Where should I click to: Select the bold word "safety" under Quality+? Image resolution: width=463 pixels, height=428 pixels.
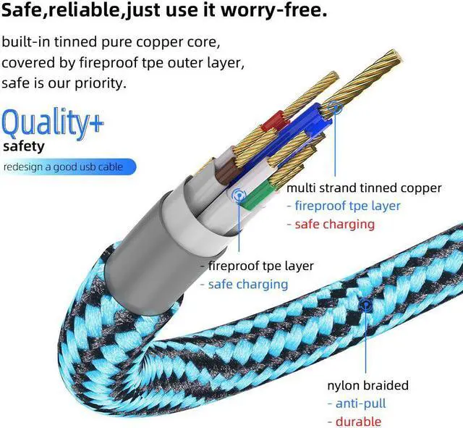[23, 146]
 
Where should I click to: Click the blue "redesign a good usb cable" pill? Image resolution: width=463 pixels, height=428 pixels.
[66, 167]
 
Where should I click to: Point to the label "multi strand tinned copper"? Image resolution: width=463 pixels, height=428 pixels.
[363, 188]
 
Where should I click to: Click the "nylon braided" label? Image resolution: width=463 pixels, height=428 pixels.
[367, 385]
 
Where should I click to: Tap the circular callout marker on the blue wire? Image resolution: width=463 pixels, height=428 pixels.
[334, 109]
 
